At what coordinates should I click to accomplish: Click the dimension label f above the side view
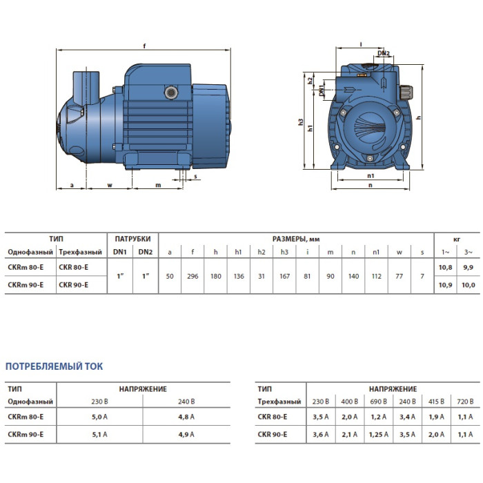(x=144, y=46)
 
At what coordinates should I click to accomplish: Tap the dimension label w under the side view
(x=110, y=185)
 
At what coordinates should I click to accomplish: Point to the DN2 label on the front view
(x=384, y=53)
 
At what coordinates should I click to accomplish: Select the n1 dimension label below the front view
(x=371, y=176)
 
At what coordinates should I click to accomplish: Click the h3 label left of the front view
(x=301, y=122)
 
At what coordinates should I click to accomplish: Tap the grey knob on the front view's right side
(x=406, y=92)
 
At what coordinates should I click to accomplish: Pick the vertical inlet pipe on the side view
(x=86, y=87)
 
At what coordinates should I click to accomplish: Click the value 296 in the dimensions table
(x=193, y=276)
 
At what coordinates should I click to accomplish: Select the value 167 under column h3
(x=284, y=276)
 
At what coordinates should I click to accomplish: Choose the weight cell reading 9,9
(x=468, y=268)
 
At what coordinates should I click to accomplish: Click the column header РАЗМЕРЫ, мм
(x=296, y=239)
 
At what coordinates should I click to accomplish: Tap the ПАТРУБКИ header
(x=132, y=239)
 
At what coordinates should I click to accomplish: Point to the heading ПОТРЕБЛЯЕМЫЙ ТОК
(x=55, y=366)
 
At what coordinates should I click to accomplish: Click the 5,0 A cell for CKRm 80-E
(x=99, y=417)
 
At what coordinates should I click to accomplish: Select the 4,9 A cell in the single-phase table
(x=186, y=434)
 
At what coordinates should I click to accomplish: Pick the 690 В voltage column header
(x=378, y=402)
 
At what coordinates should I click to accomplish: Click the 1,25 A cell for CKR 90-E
(x=379, y=434)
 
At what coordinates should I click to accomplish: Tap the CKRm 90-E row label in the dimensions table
(x=26, y=285)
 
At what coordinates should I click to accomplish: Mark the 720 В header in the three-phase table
(x=465, y=402)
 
